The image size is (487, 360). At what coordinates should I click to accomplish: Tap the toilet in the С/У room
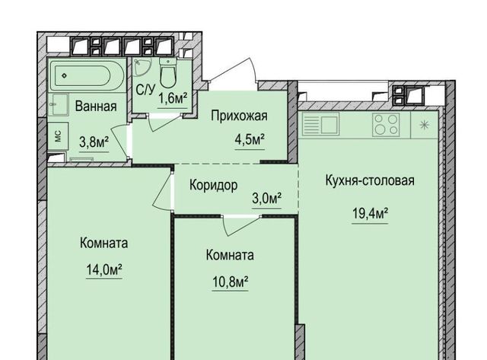(x=168, y=73)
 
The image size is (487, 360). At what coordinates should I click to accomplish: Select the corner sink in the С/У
(x=142, y=67)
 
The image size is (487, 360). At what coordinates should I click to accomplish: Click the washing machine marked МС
(x=58, y=136)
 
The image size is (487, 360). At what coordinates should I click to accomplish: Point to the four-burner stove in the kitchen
(x=386, y=124)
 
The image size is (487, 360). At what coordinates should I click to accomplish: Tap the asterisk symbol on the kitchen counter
(x=425, y=125)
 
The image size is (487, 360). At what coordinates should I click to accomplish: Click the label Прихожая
(x=239, y=116)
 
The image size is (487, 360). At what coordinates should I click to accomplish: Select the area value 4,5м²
(x=250, y=140)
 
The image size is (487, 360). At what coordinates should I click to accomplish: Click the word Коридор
(x=214, y=186)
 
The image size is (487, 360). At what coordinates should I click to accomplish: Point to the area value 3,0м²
(x=267, y=198)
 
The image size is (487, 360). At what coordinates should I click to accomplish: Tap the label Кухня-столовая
(x=370, y=180)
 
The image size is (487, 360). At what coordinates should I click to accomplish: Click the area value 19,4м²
(x=371, y=213)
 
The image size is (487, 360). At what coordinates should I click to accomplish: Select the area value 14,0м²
(x=104, y=269)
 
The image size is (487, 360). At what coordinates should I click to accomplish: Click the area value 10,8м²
(x=230, y=282)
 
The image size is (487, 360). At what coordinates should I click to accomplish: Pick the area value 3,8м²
(x=94, y=142)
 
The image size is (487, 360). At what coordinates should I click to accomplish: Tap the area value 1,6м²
(x=173, y=99)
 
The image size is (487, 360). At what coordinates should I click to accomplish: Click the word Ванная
(x=96, y=107)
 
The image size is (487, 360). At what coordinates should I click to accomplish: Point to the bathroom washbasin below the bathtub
(x=58, y=105)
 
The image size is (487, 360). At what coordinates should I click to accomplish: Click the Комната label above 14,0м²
(x=103, y=243)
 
